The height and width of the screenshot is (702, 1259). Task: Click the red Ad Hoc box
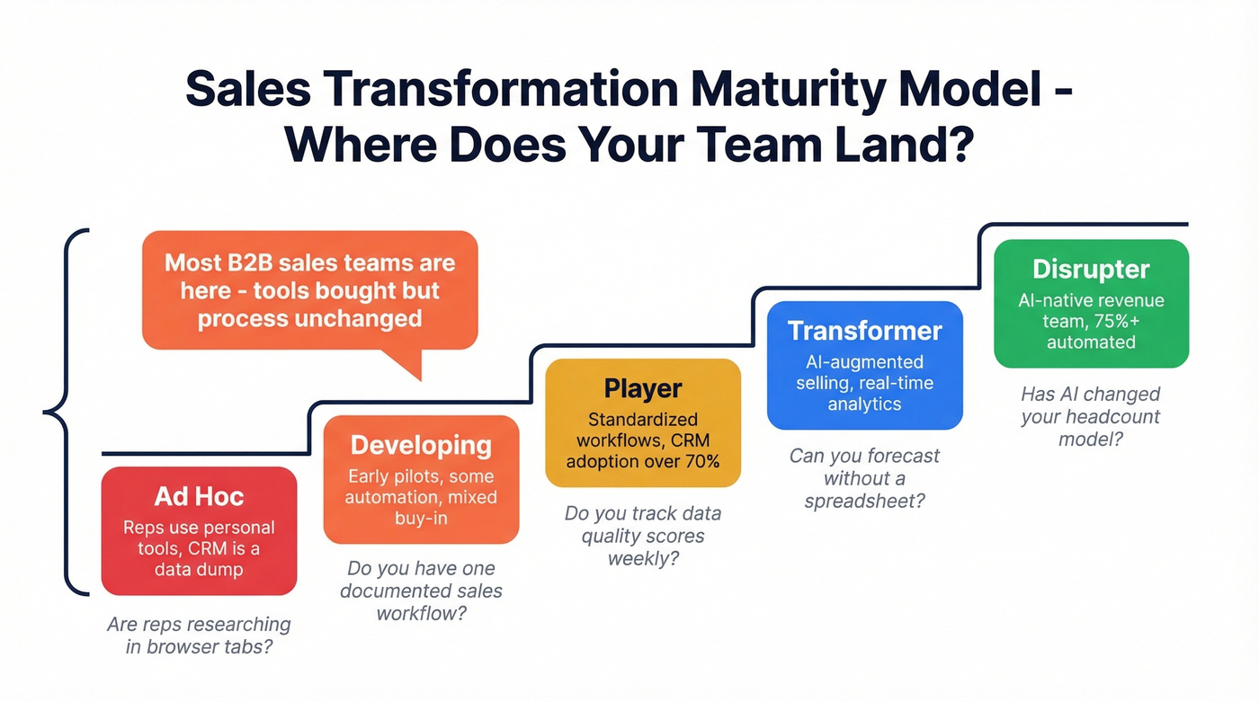pos(199,531)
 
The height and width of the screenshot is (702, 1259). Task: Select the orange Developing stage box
pos(421,480)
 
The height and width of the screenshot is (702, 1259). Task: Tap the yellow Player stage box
pos(643,422)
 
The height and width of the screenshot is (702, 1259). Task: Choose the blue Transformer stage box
pos(864,365)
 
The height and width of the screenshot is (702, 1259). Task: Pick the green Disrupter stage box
pos(1091,304)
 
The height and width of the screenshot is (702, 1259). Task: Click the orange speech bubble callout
pos(309,289)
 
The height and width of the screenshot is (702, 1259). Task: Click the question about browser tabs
pos(199,635)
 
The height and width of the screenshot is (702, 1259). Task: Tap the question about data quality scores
pos(643,536)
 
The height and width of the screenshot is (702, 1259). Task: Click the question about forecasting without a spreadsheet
pos(864,478)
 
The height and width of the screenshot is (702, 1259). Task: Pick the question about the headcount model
pos(1090,416)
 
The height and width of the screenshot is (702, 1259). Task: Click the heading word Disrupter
pos(1091,269)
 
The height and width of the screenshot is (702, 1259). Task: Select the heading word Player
pos(643,388)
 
